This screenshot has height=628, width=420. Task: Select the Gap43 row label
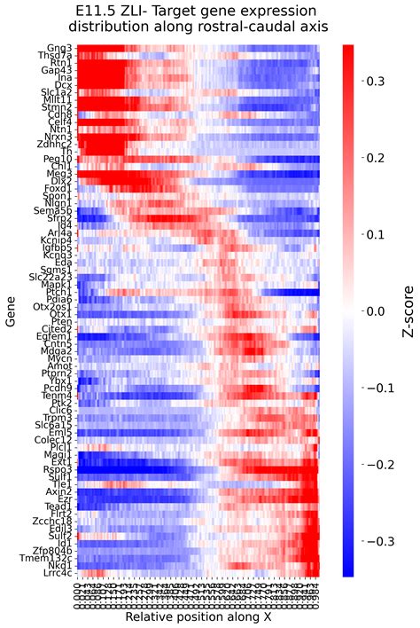point(59,70)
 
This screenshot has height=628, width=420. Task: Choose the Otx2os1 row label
point(54,307)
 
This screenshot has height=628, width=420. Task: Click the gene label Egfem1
point(56,337)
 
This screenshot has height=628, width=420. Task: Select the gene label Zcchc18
point(54,522)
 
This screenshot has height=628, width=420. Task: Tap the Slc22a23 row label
point(52,278)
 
